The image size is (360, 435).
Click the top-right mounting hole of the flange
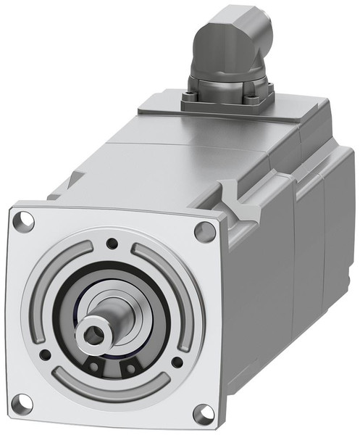(x=205, y=231)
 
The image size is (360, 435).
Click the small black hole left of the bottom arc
(x=45, y=355)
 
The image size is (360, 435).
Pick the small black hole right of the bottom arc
(x=177, y=360)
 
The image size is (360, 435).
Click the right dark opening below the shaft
(x=130, y=368)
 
